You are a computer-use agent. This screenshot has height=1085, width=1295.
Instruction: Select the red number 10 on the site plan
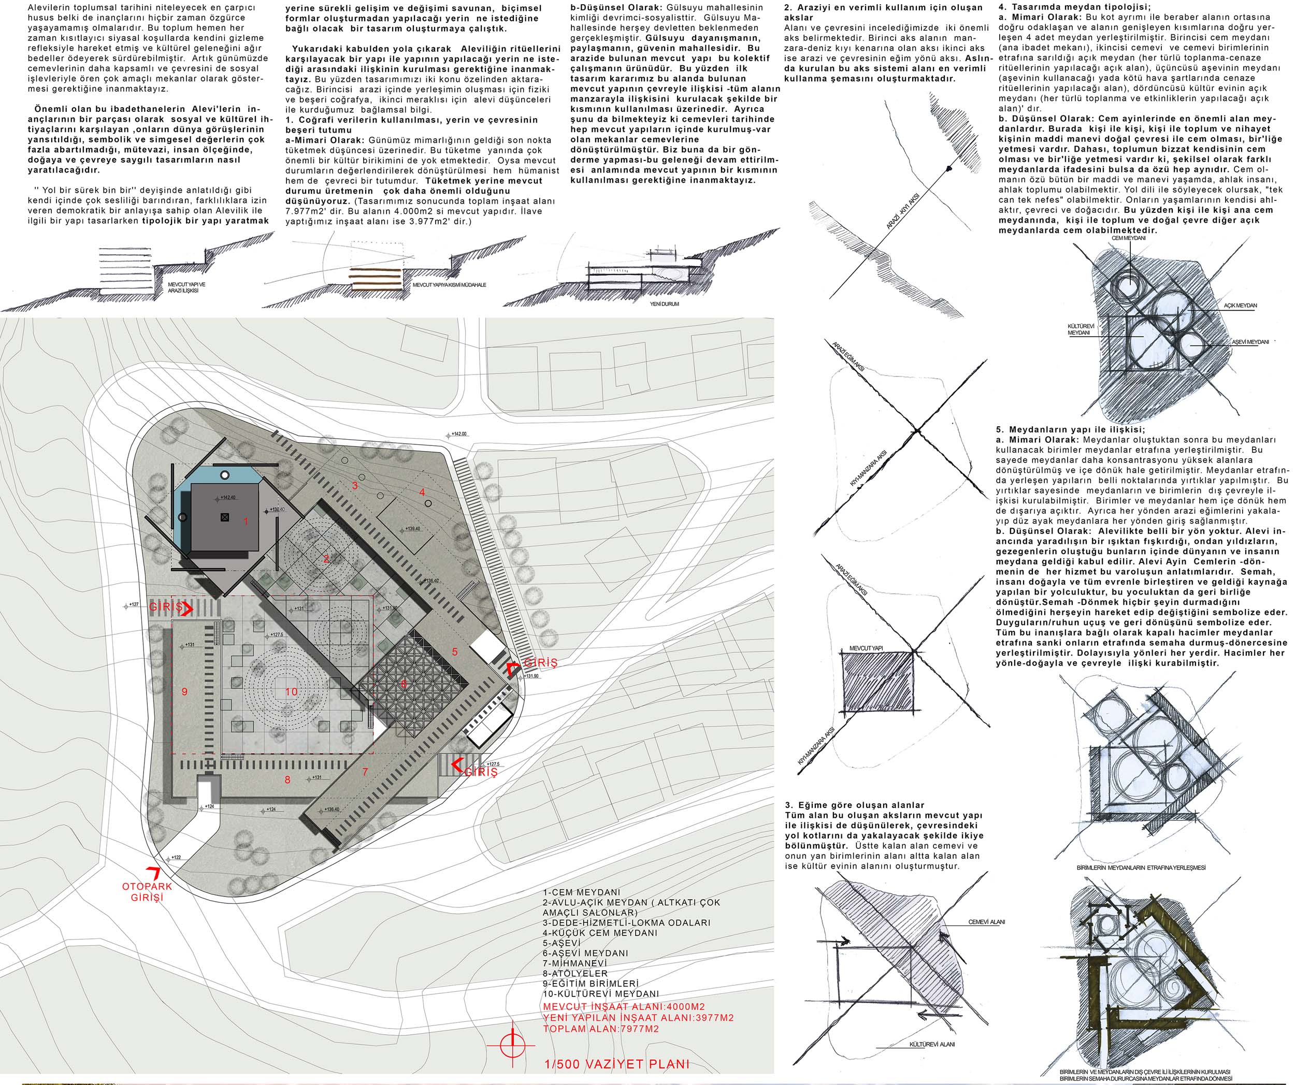[292, 692]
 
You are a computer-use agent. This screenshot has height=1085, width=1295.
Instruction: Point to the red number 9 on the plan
[184, 692]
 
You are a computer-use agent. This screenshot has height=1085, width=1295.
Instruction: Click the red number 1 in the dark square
[246, 522]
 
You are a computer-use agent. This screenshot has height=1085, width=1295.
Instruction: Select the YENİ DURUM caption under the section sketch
[664, 304]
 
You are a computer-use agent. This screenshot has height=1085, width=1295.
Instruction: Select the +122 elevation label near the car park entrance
[175, 858]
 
